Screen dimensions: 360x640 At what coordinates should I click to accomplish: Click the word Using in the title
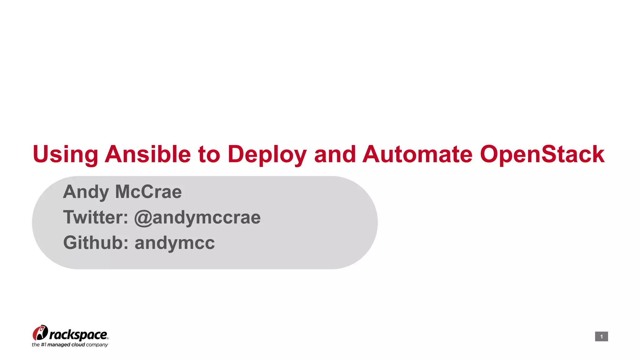coord(65,154)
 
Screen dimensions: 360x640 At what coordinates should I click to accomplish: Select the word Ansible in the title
coord(147,154)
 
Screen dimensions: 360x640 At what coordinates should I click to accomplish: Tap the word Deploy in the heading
coord(267,154)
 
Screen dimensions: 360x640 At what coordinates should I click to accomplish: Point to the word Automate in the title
coord(417,154)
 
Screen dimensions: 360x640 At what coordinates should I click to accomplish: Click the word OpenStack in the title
coord(542,154)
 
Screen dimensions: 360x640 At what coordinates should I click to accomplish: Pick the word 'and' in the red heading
coord(335,154)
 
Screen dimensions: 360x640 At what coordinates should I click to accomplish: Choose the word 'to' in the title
coord(209,154)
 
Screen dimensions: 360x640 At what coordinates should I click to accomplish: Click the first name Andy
coord(86,192)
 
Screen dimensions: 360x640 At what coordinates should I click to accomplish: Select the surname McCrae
coord(148,192)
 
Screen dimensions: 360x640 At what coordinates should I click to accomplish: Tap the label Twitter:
coord(96,217)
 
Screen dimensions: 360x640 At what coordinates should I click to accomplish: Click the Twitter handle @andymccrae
coord(197,217)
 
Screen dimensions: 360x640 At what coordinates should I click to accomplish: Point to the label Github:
coord(96,242)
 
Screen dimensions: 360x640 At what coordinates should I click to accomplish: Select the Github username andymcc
coord(175,243)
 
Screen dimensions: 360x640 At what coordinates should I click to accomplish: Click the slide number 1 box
coord(601,337)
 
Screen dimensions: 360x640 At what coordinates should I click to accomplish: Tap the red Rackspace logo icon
coord(40,333)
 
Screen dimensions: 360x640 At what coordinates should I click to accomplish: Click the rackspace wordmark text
coord(78,335)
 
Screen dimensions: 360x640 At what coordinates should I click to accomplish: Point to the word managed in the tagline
coord(58,345)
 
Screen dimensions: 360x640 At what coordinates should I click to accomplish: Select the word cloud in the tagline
coord(78,345)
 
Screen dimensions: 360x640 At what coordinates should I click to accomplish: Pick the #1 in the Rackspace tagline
coord(43,345)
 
